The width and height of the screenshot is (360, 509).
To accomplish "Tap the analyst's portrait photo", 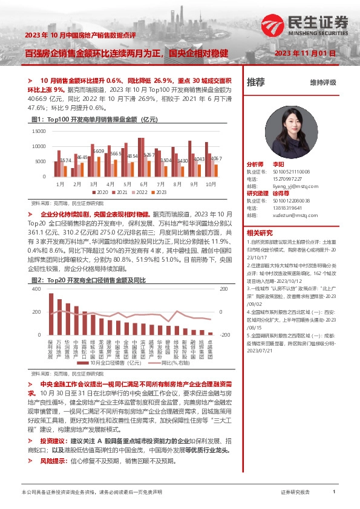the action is point(290,126).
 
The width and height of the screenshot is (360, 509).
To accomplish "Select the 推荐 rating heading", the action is point(256,82).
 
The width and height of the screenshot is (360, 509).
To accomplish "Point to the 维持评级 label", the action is point(322,83).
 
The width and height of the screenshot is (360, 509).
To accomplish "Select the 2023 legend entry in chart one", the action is point(159,192).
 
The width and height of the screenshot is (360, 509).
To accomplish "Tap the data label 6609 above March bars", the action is point(99,151).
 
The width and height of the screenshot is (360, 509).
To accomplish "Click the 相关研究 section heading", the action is point(260,233).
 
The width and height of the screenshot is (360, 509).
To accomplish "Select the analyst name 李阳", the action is point(278,164).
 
